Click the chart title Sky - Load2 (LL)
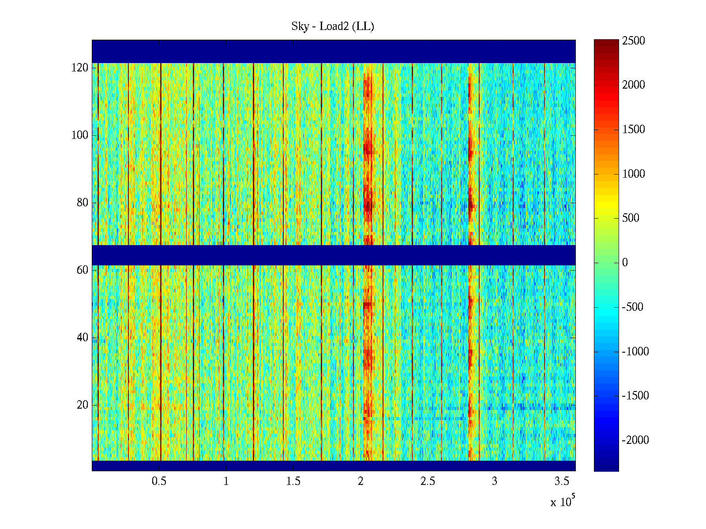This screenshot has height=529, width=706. pos(333,26)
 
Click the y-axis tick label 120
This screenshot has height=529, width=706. pos(80,68)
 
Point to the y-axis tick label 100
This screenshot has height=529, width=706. pos(80,135)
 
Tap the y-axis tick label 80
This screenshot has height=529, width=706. pos(83,203)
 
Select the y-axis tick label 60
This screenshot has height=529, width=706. pos(83,270)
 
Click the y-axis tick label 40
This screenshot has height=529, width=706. pos(83,338)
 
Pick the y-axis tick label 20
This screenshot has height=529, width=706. pos(83,405)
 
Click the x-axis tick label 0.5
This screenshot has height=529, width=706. pos(159,481)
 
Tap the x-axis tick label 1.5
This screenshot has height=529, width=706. pos(293,481)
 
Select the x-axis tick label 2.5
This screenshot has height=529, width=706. pos(428,481)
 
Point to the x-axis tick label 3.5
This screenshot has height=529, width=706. pos(562,481)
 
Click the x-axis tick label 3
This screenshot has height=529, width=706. pos(495,481)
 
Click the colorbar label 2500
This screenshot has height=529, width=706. pos(634,41)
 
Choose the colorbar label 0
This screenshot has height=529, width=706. pos(625,263)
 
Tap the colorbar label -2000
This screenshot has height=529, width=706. pos(635,440)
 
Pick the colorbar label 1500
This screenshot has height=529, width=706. pos(634,130)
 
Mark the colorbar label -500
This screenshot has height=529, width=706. pos(633,307)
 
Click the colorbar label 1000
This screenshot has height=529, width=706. pos(634,174)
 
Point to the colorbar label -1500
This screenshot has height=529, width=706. pos(635,396)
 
